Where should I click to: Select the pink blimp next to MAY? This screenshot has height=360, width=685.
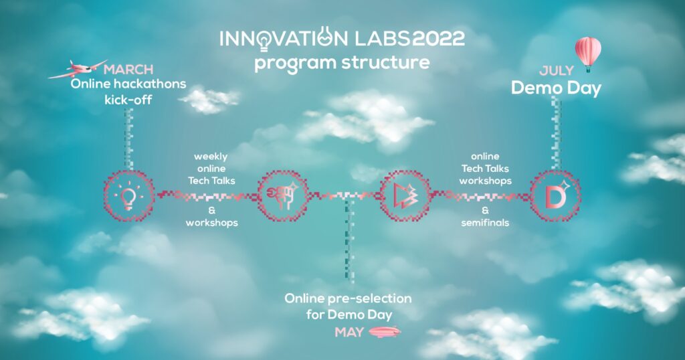tap(385, 332)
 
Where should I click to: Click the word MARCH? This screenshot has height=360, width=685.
tap(128, 70)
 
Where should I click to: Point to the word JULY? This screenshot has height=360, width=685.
tap(556, 70)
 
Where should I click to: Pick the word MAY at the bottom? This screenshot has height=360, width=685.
tap(349, 333)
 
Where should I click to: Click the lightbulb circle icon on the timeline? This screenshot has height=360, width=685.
tap(129, 195)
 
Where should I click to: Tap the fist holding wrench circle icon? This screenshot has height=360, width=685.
tap(283, 195)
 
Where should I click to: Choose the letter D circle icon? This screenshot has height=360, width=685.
tap(555, 195)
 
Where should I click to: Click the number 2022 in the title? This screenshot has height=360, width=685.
tap(438, 39)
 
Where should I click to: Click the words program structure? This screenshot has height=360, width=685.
tap(342, 62)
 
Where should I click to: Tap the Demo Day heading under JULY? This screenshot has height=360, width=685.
tap(556, 88)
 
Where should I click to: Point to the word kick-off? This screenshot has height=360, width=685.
tap(128, 100)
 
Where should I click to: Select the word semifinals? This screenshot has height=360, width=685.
tap(485, 222)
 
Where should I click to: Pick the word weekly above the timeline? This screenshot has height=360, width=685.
tap(211, 157)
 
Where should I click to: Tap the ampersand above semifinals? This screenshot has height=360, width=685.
tap(485, 210)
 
